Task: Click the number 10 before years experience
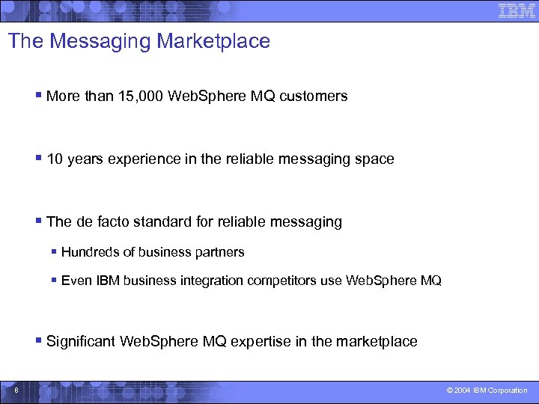55,159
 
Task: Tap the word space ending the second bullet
376,159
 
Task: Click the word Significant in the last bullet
82,341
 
